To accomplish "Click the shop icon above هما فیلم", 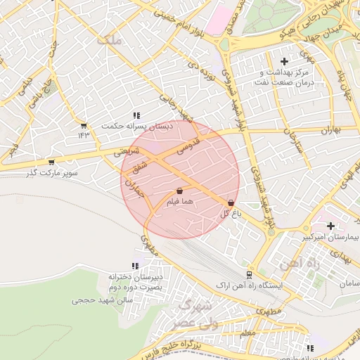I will point(180,191).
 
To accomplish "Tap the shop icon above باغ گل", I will point(231,202).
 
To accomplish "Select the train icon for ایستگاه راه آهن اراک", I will point(250,275).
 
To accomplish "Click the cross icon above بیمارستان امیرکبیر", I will point(330,226).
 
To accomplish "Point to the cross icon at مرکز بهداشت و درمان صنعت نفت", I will point(284,62).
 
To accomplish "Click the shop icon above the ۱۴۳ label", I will point(84,125).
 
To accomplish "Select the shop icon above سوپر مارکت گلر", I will point(51,162).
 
